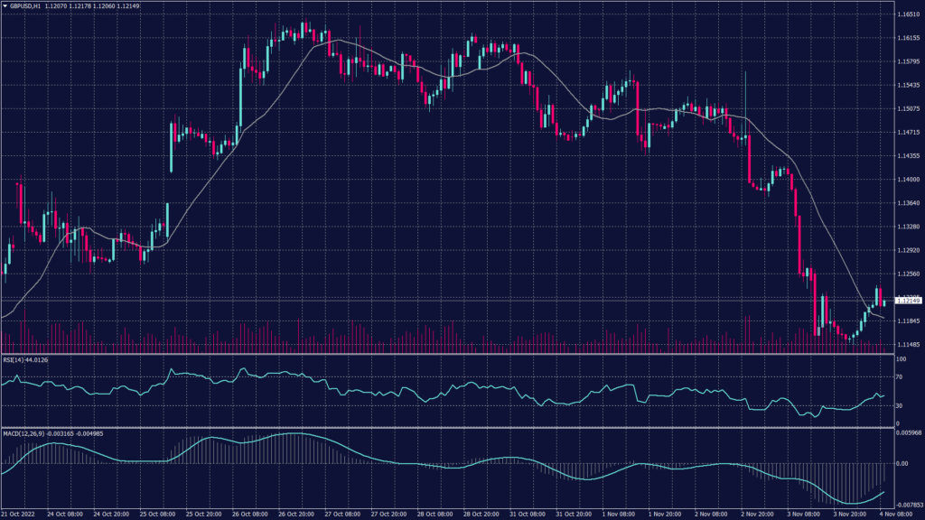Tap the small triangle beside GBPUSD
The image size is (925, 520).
tap(5, 6)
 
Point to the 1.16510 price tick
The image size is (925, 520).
tap(907, 14)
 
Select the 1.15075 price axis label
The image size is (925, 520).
tap(907, 109)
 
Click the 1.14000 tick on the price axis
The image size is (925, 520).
tap(907, 180)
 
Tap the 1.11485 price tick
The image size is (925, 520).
tap(907, 344)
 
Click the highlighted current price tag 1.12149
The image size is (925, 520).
tap(907, 300)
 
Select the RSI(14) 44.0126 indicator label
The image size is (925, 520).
tap(25, 358)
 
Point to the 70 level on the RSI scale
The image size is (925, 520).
tap(901, 378)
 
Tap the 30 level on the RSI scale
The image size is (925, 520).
tap(901, 406)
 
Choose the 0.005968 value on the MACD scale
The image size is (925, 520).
tap(908, 434)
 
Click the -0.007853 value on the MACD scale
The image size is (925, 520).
tap(908, 506)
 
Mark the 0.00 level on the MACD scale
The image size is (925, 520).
tap(902, 464)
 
